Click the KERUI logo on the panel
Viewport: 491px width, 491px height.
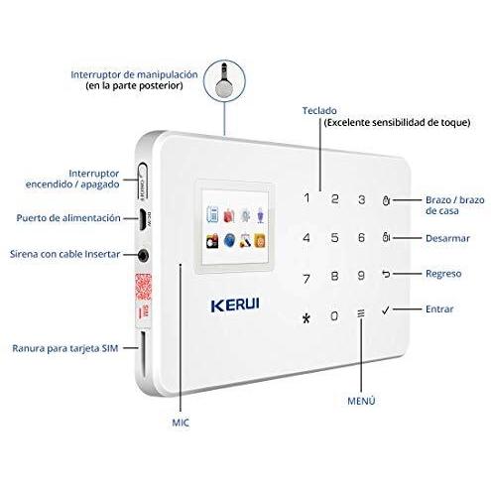point(235,305)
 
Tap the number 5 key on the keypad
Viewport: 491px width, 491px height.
point(334,237)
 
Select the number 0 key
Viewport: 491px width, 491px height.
point(334,315)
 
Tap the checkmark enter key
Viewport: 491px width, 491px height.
point(386,310)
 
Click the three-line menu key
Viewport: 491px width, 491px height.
point(361,313)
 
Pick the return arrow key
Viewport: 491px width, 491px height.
point(386,274)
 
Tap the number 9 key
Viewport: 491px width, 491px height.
point(361,276)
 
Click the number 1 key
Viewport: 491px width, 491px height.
point(307,197)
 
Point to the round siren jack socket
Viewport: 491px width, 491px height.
point(143,255)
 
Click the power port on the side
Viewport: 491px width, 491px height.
point(143,219)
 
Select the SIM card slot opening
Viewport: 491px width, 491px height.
point(143,354)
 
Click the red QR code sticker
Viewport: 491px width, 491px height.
point(143,287)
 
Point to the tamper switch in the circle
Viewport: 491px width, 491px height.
point(224,80)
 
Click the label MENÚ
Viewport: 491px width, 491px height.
point(361,401)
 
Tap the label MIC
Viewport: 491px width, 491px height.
point(181,423)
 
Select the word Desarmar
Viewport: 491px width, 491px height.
point(447,238)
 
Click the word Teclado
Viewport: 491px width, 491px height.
point(319,111)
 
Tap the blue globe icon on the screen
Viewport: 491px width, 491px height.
point(229,240)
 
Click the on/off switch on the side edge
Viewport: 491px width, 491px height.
point(143,182)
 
